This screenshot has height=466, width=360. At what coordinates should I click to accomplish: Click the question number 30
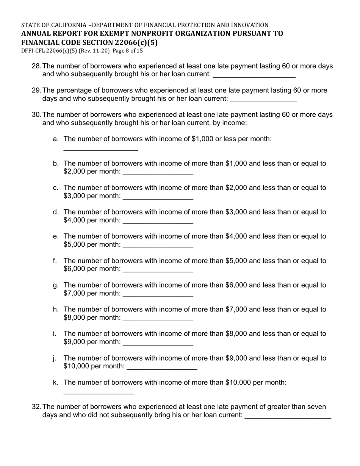click(36, 115)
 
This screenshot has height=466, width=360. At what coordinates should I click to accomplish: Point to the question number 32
click(36, 407)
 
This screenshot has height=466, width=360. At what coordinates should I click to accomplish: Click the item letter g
click(56, 285)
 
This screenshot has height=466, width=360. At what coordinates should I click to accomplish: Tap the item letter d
click(56, 212)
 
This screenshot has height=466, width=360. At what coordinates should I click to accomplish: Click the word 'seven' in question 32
click(316, 407)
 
